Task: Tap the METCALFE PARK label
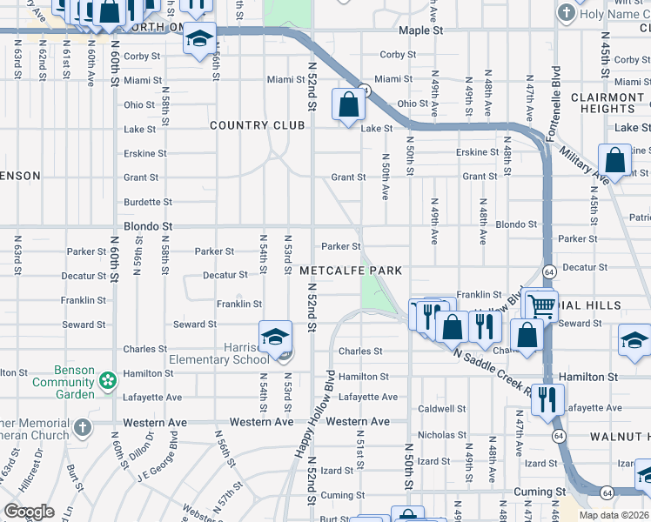(x=351, y=271)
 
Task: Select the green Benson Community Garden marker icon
(x=108, y=381)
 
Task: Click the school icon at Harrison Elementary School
(x=274, y=336)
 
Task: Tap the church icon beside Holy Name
(x=567, y=13)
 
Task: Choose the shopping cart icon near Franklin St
(x=542, y=304)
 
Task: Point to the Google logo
(x=30, y=511)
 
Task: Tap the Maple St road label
(x=421, y=30)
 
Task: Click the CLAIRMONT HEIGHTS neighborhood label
(x=602, y=103)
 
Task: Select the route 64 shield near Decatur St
(x=550, y=271)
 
